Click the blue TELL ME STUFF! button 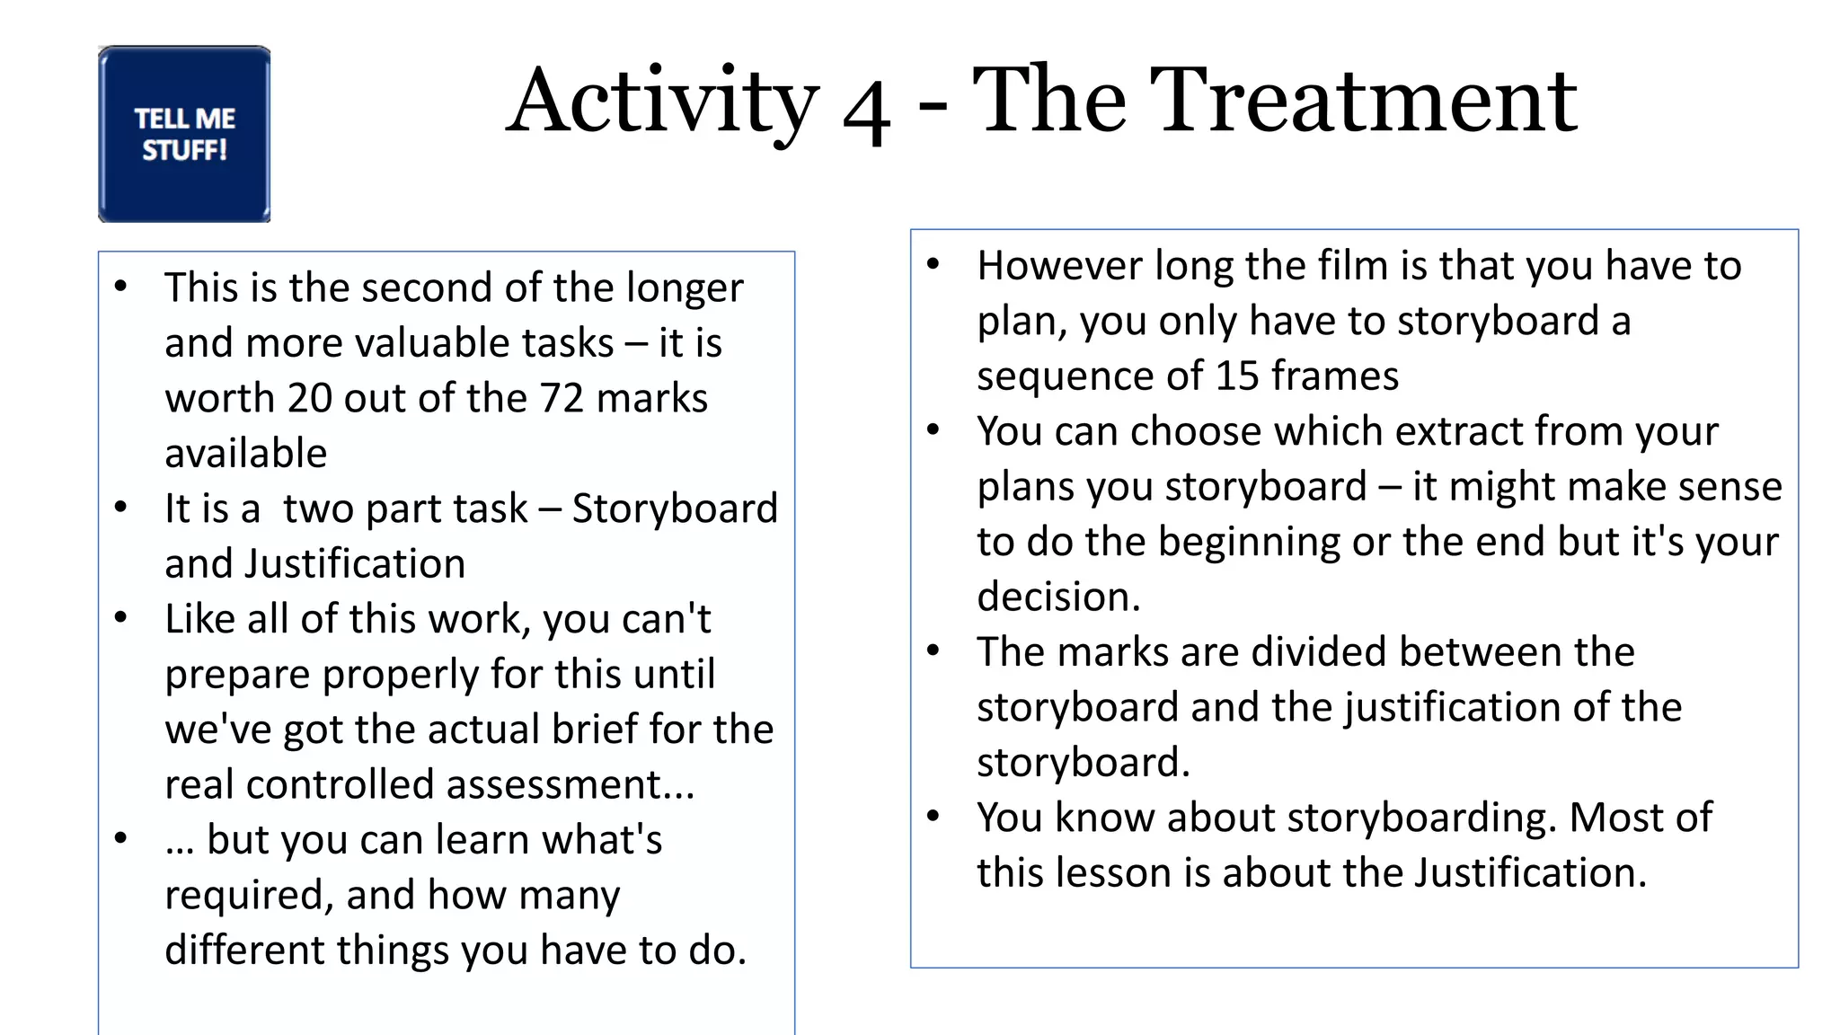pyautogui.click(x=184, y=134)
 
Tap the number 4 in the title pyautogui.click(x=866, y=113)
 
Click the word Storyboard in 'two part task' pyautogui.click(x=675, y=509)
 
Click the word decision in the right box pyautogui.click(x=1058, y=597)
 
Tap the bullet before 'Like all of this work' pyautogui.click(x=121, y=617)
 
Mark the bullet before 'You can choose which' pyautogui.click(x=933, y=429)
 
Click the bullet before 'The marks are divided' pyautogui.click(x=933, y=650)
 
